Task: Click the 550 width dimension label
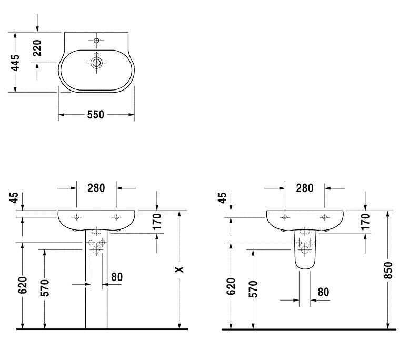click(x=95, y=115)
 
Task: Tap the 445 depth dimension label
click(x=15, y=63)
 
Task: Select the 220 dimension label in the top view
click(x=37, y=48)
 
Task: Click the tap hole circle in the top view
click(x=96, y=41)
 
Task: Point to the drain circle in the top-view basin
click(x=96, y=63)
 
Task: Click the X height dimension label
click(x=179, y=269)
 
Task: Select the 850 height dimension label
click(x=388, y=270)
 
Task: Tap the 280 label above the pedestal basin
click(x=96, y=188)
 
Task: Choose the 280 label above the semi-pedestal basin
click(x=304, y=188)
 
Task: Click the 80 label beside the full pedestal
click(x=117, y=277)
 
